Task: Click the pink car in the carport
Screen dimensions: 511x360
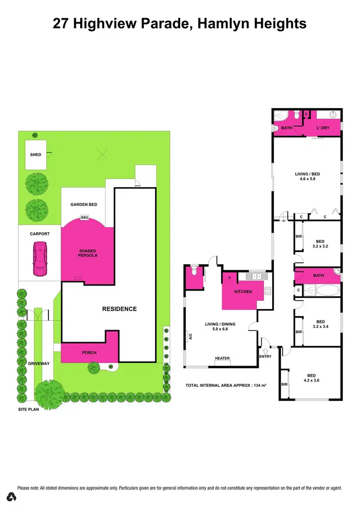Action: [39, 259]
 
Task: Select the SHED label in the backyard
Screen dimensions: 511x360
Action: [36, 154]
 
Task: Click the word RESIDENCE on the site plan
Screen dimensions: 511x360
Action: [119, 309]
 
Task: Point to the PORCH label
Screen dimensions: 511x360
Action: [89, 353]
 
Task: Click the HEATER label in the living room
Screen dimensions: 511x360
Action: [222, 358]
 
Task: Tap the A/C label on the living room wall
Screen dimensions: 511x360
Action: [191, 336]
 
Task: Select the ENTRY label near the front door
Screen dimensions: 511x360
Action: [265, 356]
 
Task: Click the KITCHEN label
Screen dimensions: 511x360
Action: [243, 291]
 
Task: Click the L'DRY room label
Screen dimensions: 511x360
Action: [322, 128]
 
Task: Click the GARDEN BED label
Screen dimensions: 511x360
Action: [84, 204]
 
